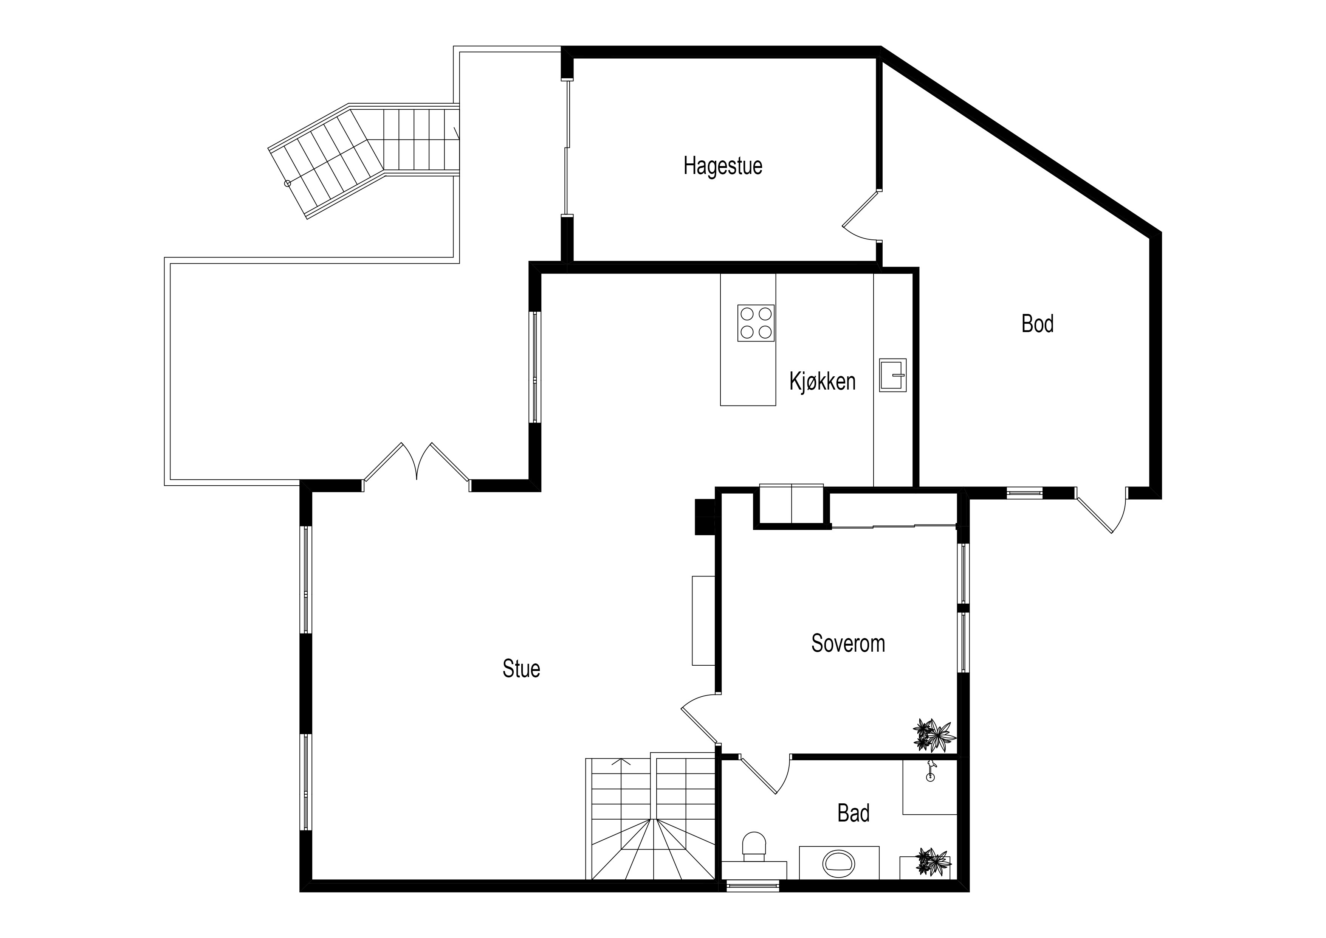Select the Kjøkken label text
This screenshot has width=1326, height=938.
tap(823, 382)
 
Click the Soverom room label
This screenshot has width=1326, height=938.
tap(848, 643)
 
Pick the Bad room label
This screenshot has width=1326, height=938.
tap(854, 813)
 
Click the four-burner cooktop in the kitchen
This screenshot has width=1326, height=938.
tap(756, 323)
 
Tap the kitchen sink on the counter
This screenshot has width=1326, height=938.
tap(893, 375)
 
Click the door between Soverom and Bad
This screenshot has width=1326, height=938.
tap(765, 775)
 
